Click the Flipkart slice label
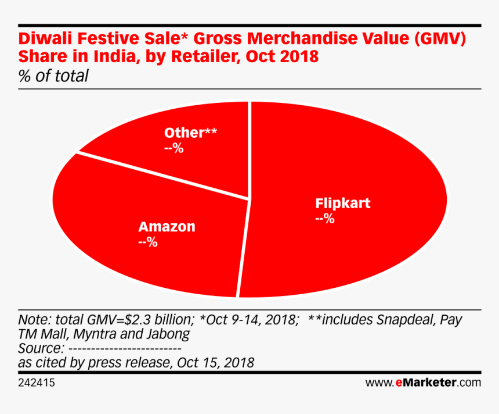(342, 204)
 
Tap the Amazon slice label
(167, 227)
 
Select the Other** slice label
(190, 133)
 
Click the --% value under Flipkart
(324, 219)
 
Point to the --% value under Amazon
(148, 242)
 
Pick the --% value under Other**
(173, 148)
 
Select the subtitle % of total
(53, 76)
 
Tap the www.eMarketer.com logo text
(423, 383)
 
